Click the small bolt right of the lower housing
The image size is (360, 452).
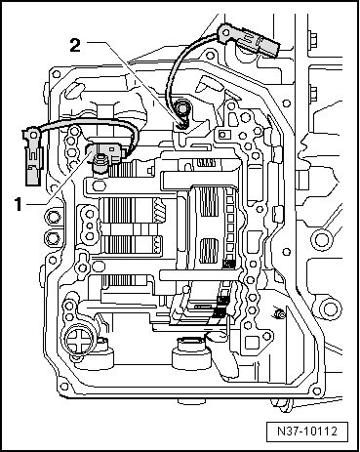[279, 312]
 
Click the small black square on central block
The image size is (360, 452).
[226, 263]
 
